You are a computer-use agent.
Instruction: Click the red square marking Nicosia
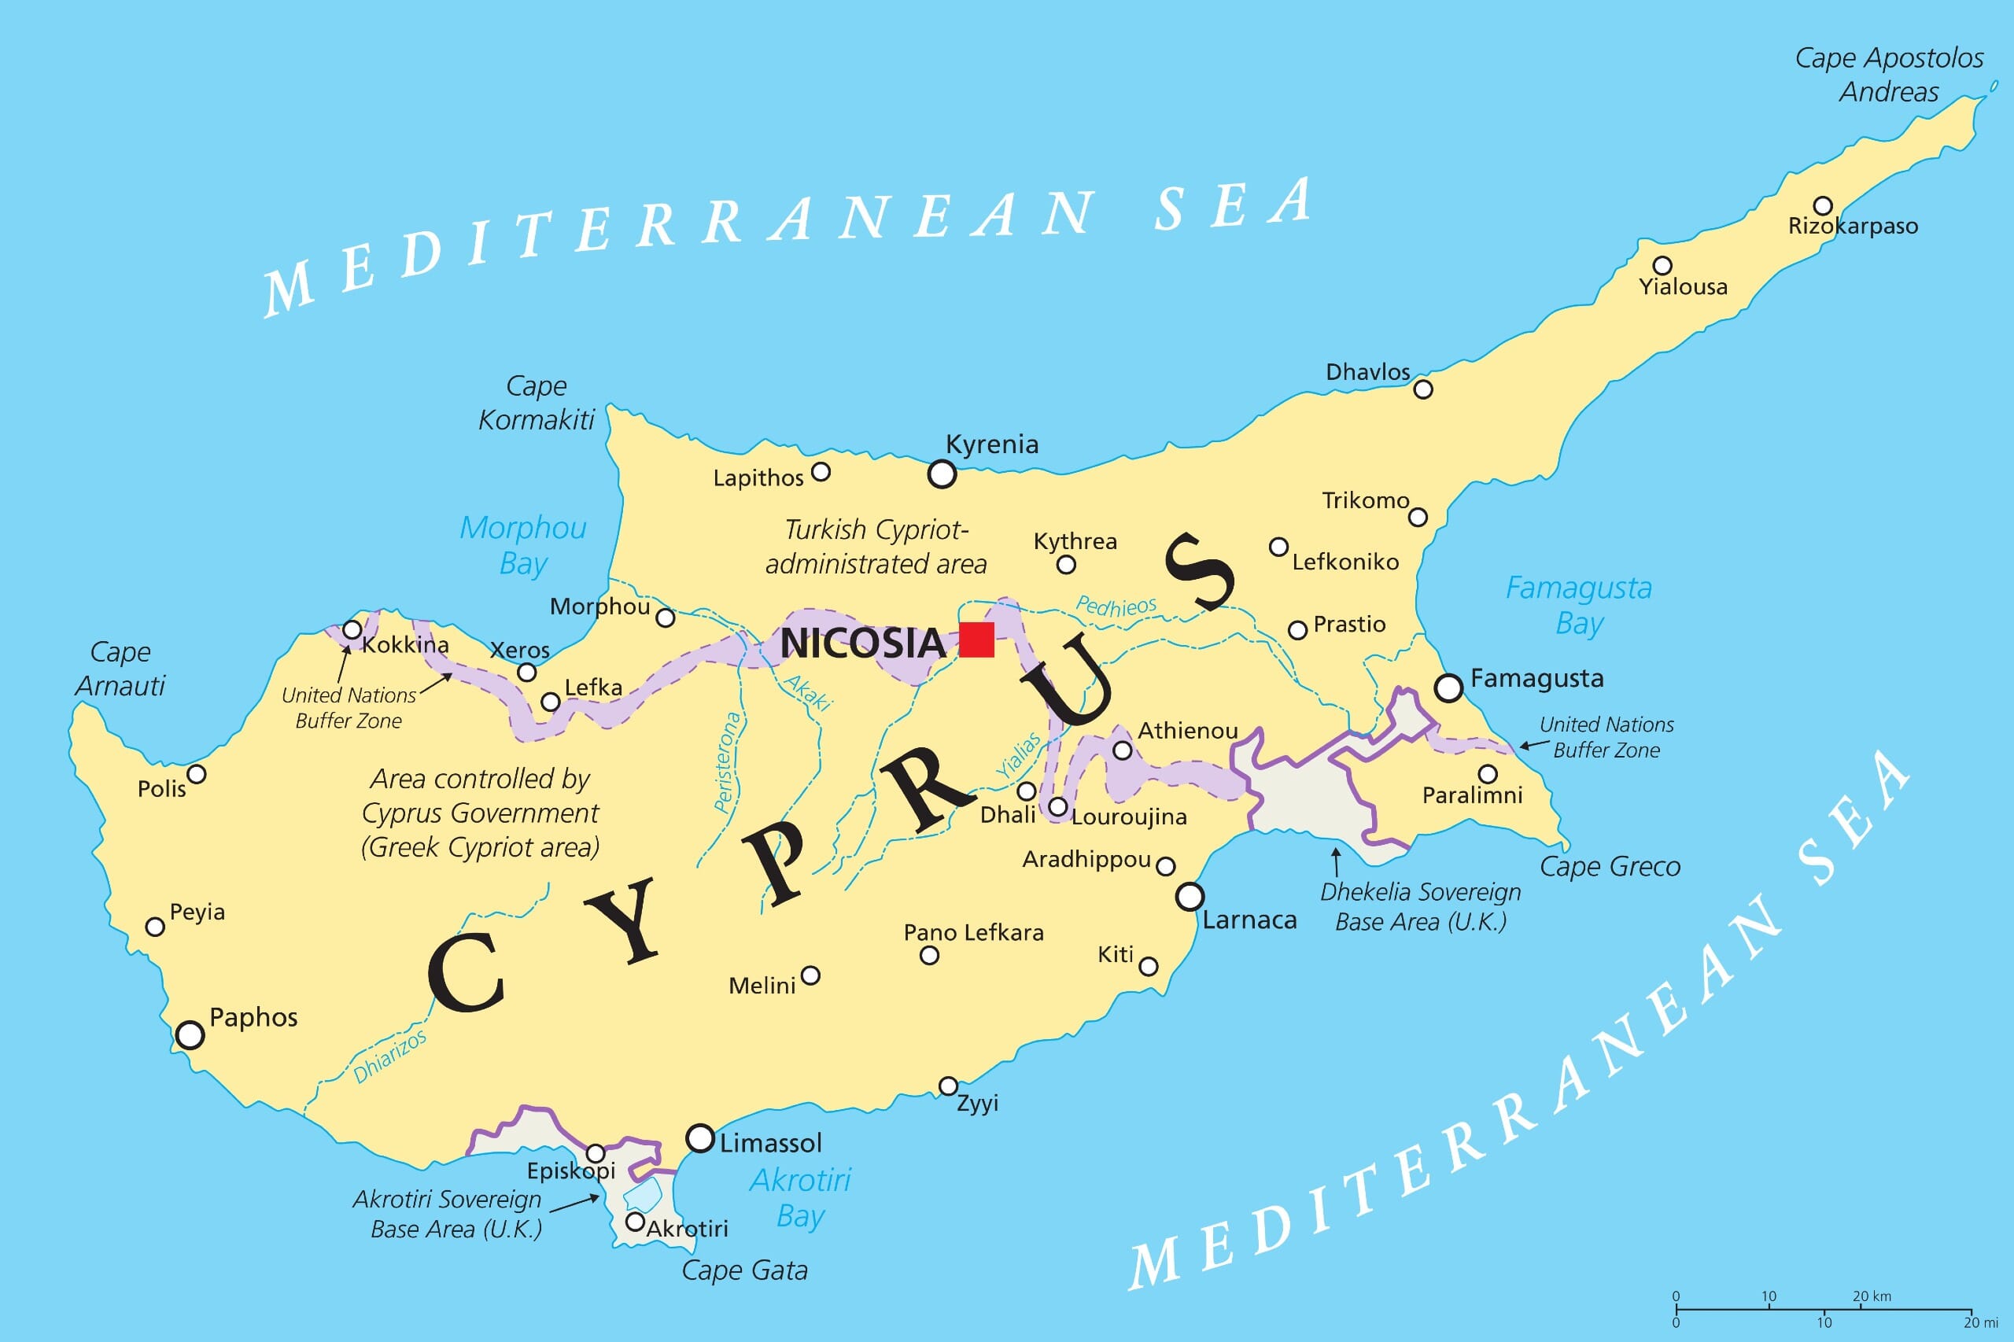tap(976, 640)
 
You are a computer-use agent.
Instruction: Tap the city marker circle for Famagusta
tap(1448, 688)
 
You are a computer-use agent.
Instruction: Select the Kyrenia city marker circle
tap(942, 474)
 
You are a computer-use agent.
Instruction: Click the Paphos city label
tap(253, 1018)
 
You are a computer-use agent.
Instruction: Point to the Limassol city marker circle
tap(700, 1138)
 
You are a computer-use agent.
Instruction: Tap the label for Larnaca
tap(1249, 920)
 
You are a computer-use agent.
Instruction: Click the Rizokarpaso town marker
tap(1823, 205)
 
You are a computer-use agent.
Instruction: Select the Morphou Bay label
tap(523, 545)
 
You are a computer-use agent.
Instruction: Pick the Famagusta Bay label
tap(1579, 605)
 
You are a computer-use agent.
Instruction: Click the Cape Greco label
tap(1610, 867)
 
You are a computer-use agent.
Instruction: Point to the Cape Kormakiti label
tap(536, 403)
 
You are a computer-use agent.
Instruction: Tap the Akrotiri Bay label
tap(800, 1197)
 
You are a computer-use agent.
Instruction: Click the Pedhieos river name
tap(1116, 606)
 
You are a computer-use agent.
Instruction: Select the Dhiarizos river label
tap(389, 1058)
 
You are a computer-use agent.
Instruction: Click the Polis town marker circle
tap(197, 774)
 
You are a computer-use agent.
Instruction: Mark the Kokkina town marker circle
tap(352, 630)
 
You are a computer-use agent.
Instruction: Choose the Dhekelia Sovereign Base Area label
tap(1420, 906)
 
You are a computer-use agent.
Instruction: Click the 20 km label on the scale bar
tap(1872, 1296)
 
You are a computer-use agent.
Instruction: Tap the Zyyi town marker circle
tap(947, 1086)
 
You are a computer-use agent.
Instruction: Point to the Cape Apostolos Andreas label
tap(1889, 75)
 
